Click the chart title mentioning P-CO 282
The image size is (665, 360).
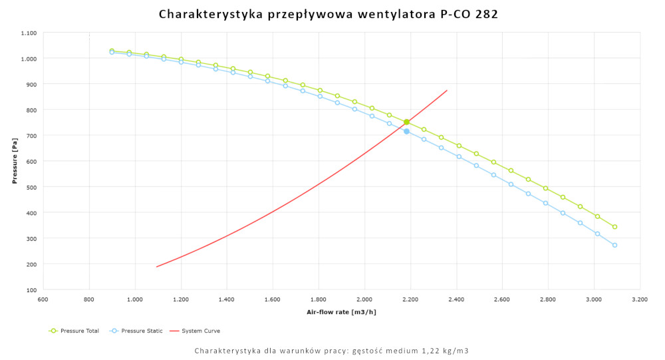click(x=329, y=14)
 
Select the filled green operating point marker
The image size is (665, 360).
click(x=406, y=122)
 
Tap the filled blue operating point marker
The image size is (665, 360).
click(x=406, y=132)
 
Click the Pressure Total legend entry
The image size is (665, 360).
click(x=78, y=331)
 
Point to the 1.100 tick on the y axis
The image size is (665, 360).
click(x=28, y=33)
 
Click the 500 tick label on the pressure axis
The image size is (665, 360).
click(x=31, y=187)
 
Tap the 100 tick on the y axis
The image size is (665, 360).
click(x=31, y=290)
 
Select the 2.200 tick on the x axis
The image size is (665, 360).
click(x=410, y=300)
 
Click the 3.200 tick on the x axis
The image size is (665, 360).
click(x=640, y=300)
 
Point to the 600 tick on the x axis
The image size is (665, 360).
click(x=43, y=300)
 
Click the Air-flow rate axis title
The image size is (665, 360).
click(x=341, y=311)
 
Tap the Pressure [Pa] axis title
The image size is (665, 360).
click(x=15, y=161)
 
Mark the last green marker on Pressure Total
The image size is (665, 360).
click(x=614, y=227)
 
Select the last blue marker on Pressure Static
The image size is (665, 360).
click(x=614, y=245)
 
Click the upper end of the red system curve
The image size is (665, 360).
click(x=447, y=90)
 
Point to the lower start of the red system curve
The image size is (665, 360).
click(x=157, y=267)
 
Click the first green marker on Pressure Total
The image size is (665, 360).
click(x=112, y=51)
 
